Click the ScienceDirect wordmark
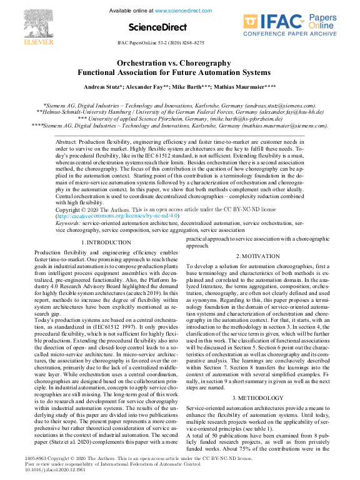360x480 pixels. [157, 27]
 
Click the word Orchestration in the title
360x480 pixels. [141, 63]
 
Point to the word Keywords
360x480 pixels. [67, 222]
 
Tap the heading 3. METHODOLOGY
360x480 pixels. [257, 380]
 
